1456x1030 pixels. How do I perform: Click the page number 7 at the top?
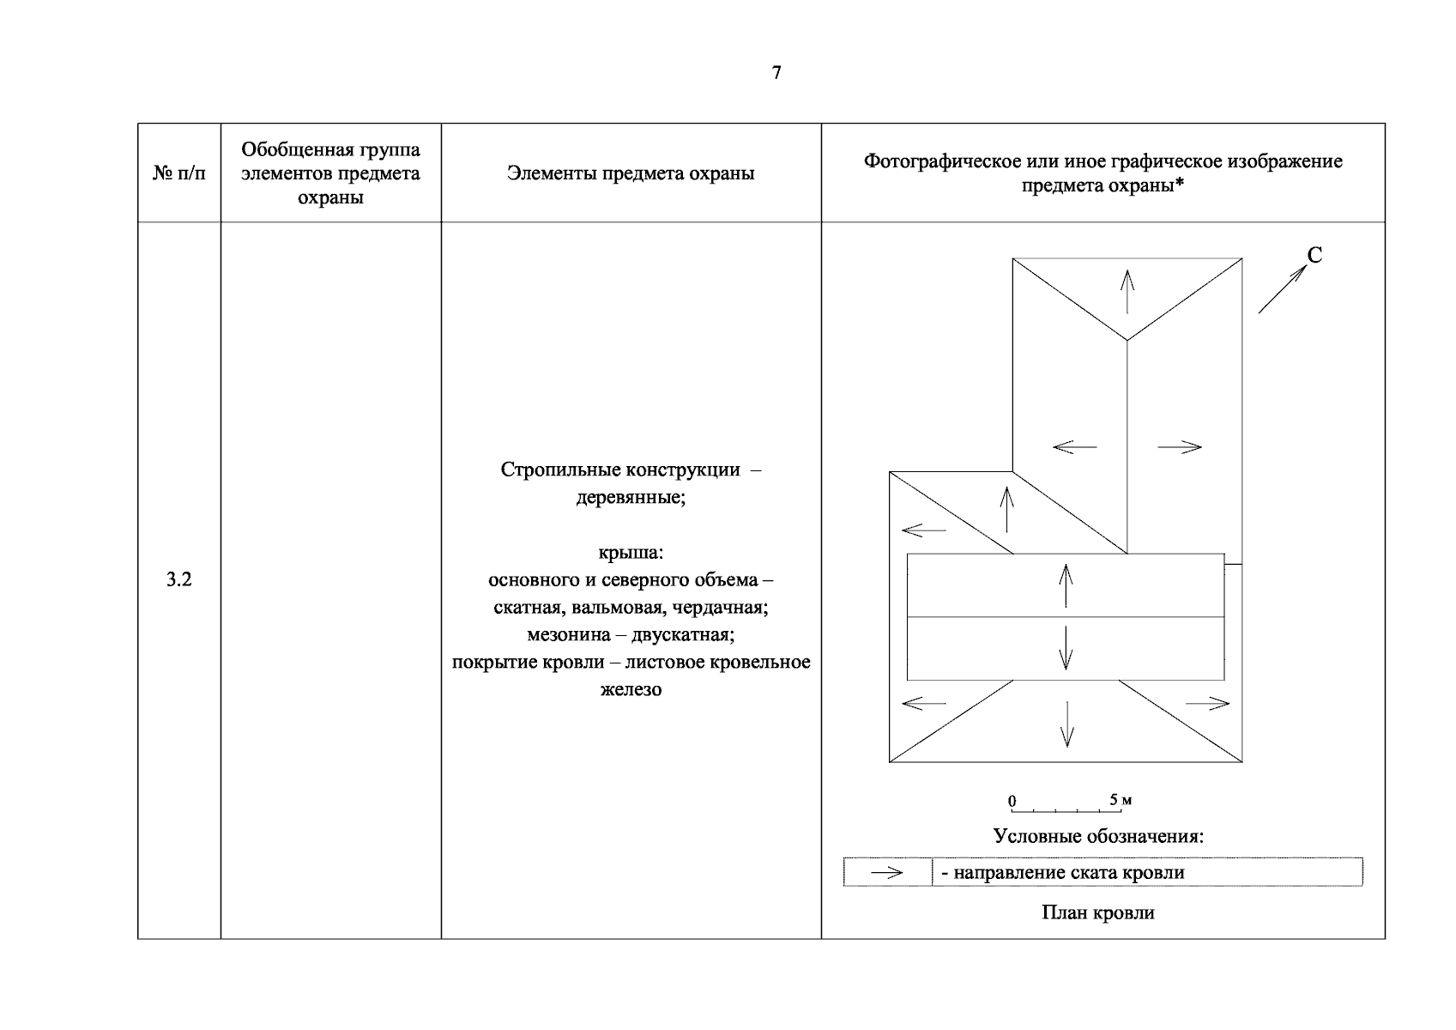[776, 73]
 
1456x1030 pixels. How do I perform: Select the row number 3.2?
[178, 580]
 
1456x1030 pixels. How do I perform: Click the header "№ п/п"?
[179, 173]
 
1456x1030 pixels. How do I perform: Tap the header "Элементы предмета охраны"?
[631, 173]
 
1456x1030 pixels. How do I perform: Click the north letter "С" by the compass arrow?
[1314, 255]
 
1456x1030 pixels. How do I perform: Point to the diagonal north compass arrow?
[1281, 289]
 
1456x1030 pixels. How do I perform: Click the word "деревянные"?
[631, 498]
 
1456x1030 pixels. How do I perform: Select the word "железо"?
[631, 689]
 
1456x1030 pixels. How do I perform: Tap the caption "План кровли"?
[1097, 912]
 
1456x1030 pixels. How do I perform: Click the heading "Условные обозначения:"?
[1098, 836]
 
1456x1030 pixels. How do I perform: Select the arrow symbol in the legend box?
[886, 873]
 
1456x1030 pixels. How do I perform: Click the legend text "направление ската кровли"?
[1069, 873]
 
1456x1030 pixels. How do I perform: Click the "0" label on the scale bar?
[1012, 801]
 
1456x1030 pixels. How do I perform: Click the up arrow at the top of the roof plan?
[1127, 291]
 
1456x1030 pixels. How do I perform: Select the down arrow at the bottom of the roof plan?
[1066, 724]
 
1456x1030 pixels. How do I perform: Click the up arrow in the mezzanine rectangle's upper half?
[1066, 585]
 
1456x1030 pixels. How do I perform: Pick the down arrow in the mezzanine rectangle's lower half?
[1066, 648]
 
